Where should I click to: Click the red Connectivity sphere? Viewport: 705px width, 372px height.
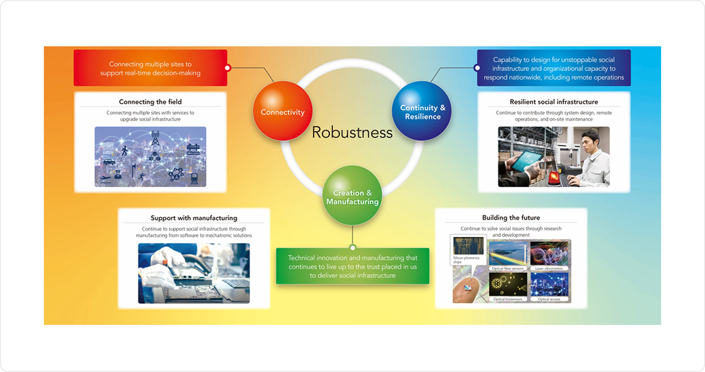coord(282,111)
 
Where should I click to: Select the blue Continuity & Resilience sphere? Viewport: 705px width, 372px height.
coord(422,111)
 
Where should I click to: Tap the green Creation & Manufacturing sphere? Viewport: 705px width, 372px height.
coord(352,196)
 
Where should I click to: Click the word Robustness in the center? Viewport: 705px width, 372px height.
coord(352,133)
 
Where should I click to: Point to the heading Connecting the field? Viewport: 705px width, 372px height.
coord(150,102)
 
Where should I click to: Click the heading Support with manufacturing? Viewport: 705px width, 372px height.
coord(194,218)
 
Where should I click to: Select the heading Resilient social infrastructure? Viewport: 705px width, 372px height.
coord(554,102)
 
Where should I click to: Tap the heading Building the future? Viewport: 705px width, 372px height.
coord(511,217)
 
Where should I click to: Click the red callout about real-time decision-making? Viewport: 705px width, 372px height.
coord(150,68)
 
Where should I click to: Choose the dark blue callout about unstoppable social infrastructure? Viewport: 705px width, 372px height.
coord(554,68)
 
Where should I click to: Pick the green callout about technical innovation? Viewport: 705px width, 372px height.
coord(352,266)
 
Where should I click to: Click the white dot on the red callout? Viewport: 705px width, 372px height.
coord(228,68)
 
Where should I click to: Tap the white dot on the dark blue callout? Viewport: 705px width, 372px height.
coord(477,68)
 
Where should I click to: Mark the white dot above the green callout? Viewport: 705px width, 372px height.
coord(353,248)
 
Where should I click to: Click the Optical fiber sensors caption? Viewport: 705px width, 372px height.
coord(508,268)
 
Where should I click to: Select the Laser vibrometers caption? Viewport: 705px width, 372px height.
coord(549,268)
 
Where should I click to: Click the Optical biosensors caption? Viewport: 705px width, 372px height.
coord(508,299)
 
